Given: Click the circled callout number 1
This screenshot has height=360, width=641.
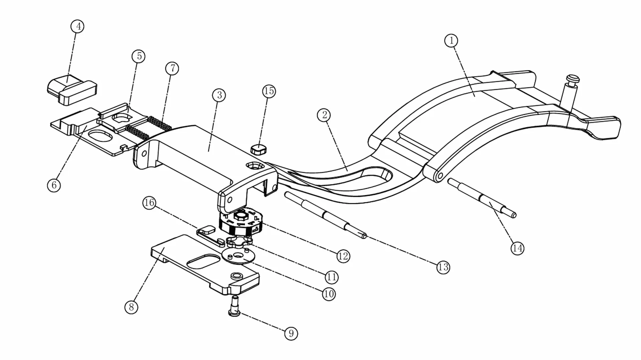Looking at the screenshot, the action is (x=451, y=41).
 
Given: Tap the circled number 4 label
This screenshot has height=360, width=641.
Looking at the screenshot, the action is (x=78, y=26).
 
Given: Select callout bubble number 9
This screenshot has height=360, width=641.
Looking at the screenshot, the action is (x=291, y=333).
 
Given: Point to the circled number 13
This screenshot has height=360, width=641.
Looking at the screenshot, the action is (x=443, y=267).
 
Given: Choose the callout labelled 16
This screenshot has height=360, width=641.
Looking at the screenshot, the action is (x=149, y=203).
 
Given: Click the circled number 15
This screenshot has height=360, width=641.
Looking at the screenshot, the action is (x=269, y=91).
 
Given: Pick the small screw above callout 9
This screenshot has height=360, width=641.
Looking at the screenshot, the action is (x=235, y=306).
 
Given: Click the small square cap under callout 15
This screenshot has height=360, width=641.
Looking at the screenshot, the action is (x=258, y=149).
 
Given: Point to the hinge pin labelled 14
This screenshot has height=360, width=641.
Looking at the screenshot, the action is (x=482, y=198).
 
